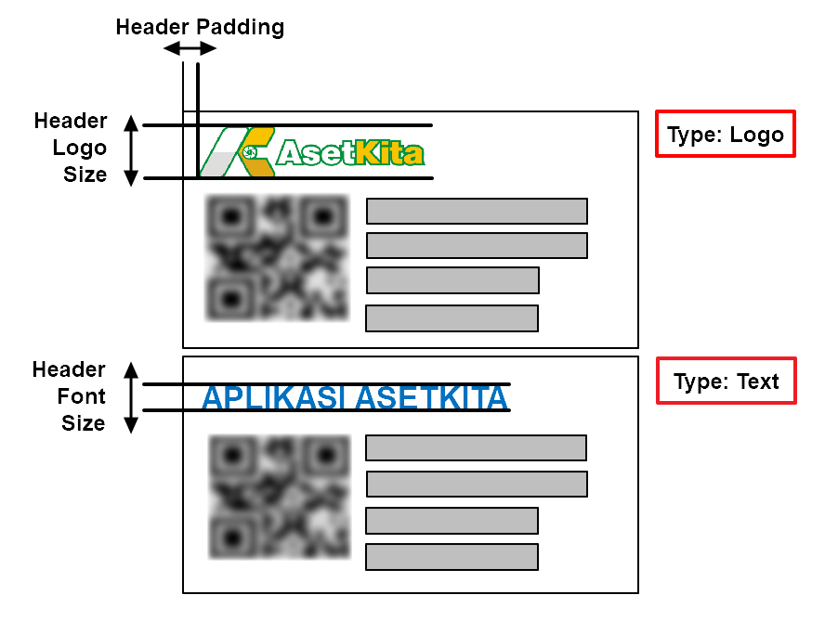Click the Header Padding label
coord(200,27)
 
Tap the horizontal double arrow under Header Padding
coord(190,48)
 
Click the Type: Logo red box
coord(725,135)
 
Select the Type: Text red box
coord(725,382)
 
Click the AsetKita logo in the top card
coord(313,151)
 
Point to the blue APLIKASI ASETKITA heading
coord(355,397)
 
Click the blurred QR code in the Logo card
coord(276,257)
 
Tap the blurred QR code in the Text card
coord(280,498)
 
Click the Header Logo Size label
coord(71,148)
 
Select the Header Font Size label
coord(70,396)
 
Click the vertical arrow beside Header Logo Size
coord(131,150)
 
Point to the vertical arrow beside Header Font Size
coord(131,397)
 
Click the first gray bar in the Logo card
coord(477,211)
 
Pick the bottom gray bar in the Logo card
coord(452,318)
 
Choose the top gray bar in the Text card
coord(476,447)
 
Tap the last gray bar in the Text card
coord(452,557)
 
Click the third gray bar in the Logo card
coord(452,280)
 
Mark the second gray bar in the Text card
coord(477,484)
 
